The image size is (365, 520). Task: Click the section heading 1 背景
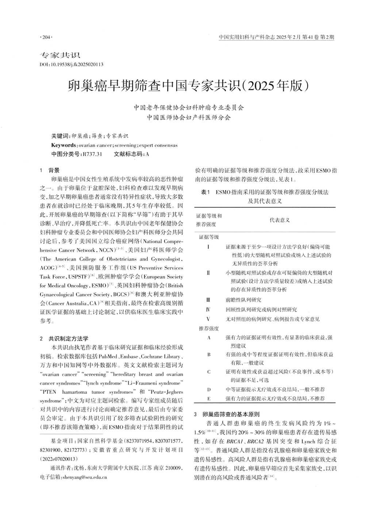(x=50, y=170)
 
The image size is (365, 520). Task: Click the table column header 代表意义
(x=280, y=220)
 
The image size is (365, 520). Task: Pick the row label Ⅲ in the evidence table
(x=208, y=300)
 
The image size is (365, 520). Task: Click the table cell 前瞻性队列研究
(x=243, y=300)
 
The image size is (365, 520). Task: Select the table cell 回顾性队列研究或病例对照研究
(x=261, y=310)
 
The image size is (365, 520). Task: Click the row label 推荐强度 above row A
(x=209, y=328)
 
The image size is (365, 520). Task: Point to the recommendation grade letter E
(x=209, y=399)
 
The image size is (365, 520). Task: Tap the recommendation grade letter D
(x=209, y=389)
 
